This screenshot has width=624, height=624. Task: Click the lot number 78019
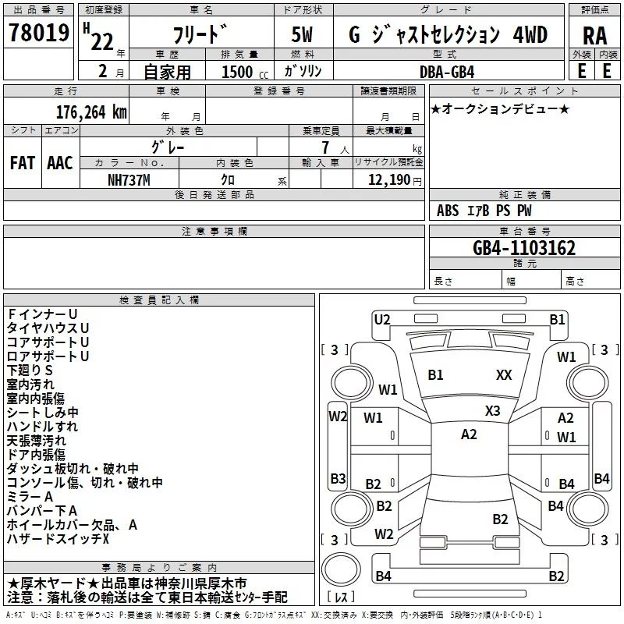pyautogui.click(x=39, y=32)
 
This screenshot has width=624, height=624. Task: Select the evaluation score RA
pyautogui.click(x=594, y=36)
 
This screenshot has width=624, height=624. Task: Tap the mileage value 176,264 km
pyautogui.click(x=91, y=112)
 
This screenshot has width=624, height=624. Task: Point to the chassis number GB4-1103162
pyautogui.click(x=523, y=248)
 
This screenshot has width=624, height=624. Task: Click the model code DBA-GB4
pyautogui.click(x=447, y=72)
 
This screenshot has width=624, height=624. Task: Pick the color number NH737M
pyautogui.click(x=129, y=180)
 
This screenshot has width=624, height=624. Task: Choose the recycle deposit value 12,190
pyautogui.click(x=388, y=180)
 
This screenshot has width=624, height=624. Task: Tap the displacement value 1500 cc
pyautogui.click(x=245, y=72)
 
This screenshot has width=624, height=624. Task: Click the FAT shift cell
pyautogui.click(x=23, y=163)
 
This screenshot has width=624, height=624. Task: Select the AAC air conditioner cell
pyautogui.click(x=60, y=163)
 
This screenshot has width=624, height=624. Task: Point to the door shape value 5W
pyautogui.click(x=302, y=34)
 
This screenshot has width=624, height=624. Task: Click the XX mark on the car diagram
pyautogui.click(x=504, y=375)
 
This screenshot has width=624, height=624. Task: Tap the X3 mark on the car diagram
pyautogui.click(x=492, y=411)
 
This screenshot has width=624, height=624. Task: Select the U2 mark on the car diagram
pyautogui.click(x=382, y=320)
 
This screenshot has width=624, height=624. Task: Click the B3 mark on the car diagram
pyautogui.click(x=338, y=478)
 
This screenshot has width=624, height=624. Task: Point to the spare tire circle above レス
pyautogui.click(x=341, y=569)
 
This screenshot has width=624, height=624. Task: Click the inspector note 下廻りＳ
pyautogui.click(x=30, y=370)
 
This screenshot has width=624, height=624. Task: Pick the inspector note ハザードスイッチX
pyautogui.click(x=58, y=539)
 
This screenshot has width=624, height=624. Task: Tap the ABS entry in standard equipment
pyautogui.click(x=448, y=211)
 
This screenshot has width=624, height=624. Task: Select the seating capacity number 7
pyautogui.click(x=325, y=147)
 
